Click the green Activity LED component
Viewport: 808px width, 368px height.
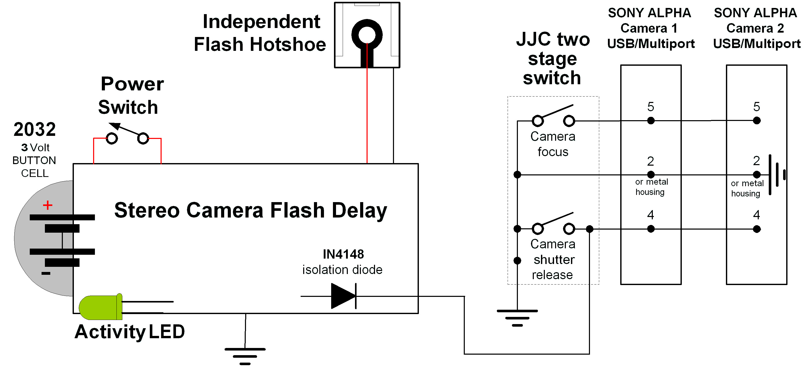pyautogui.click(x=100, y=307)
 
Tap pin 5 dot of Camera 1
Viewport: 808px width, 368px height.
pyautogui.click(x=651, y=121)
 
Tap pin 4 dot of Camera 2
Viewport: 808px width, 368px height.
pyautogui.click(x=756, y=229)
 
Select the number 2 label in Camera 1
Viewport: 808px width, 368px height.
pyautogui.click(x=651, y=161)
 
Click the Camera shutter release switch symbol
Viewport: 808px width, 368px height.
pyautogui.click(x=553, y=224)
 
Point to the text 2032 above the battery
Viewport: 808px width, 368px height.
pyautogui.click(x=35, y=129)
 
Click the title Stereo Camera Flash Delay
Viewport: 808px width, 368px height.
pyautogui.click(x=250, y=210)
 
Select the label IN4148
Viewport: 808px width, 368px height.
pyautogui.click(x=343, y=254)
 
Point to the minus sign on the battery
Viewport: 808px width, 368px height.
pyautogui.click(x=46, y=273)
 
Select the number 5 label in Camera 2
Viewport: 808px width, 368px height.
pyautogui.click(x=756, y=107)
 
